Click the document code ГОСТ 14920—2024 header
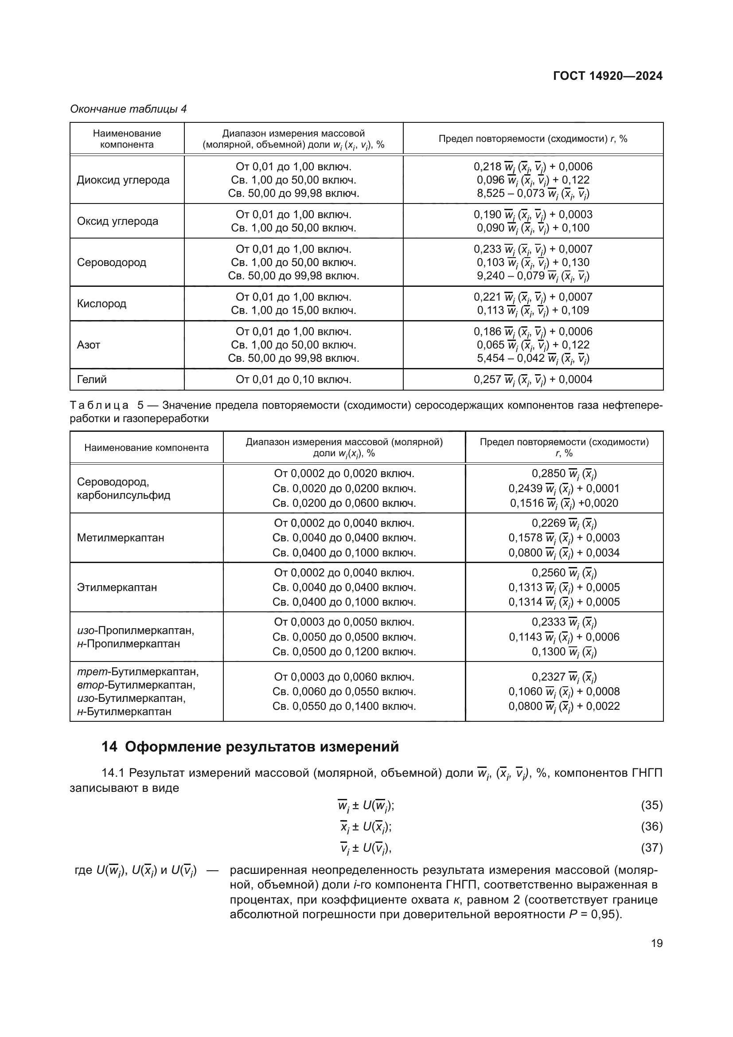[608, 76]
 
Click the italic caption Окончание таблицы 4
[128, 109]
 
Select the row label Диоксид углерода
[123, 180]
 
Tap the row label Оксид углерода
[117, 221]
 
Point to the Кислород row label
[101, 304]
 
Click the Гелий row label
[92, 380]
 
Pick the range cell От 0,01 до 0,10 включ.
[293, 380]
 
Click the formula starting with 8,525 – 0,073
[533, 193]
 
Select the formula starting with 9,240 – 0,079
[533, 275]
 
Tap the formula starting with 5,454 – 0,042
[533, 358]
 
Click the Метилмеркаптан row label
[121, 537]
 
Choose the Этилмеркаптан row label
[117, 587]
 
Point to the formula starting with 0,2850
[564, 473]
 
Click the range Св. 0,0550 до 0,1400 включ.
[344, 706]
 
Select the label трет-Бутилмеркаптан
[138, 672]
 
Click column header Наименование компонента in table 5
[146, 448]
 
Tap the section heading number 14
[109, 747]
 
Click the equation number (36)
[651, 826]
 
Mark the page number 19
[657, 943]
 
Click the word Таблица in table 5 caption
[99, 405]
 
